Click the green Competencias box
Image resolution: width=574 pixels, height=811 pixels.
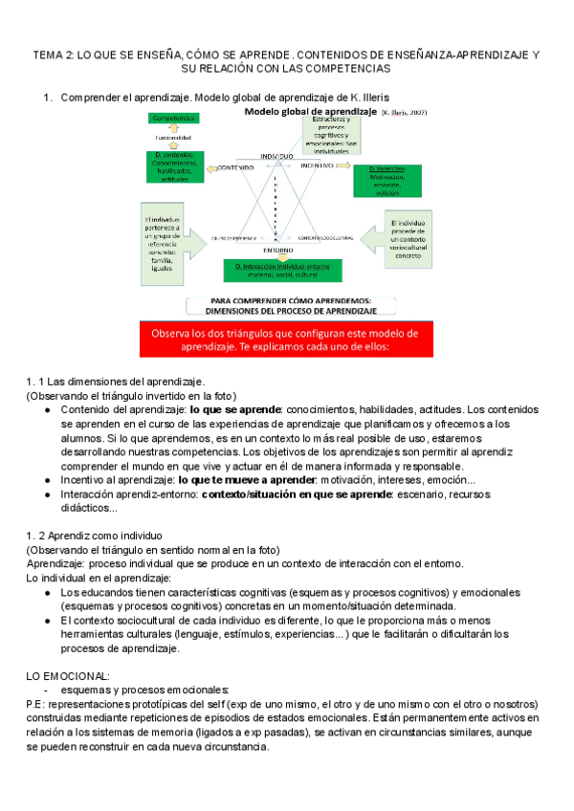[173, 118]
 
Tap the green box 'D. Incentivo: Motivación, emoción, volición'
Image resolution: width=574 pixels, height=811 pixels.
[386, 180]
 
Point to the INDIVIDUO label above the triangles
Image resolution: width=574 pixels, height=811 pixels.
[276, 156]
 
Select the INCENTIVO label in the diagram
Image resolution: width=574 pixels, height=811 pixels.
[324, 166]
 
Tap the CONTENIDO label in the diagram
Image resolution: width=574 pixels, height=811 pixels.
[236, 167]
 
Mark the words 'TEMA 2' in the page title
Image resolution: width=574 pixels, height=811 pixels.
[53, 56]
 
